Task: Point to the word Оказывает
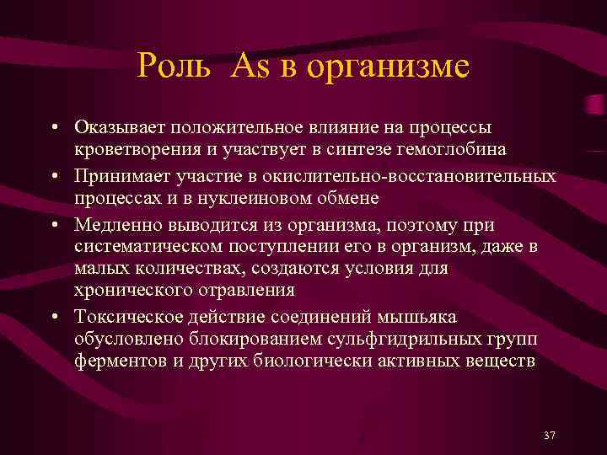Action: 121,127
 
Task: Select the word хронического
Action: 126,291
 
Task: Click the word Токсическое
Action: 123,316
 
